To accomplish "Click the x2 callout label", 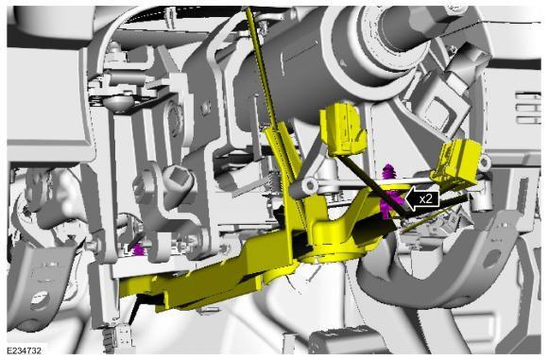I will (426, 198).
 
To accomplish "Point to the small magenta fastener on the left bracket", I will (138, 249).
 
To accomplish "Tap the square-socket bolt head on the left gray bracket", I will (178, 177).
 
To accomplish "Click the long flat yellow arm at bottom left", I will (189, 283).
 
